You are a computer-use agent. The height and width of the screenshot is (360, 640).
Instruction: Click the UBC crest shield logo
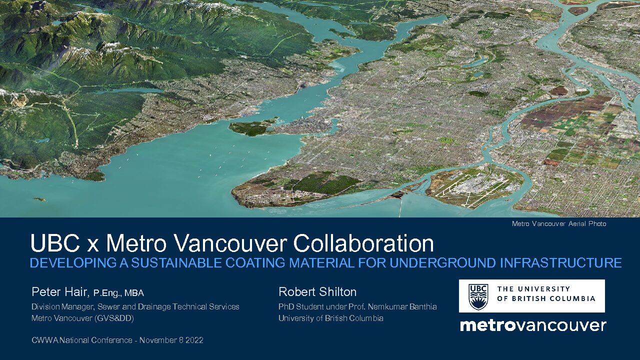[x=478, y=297]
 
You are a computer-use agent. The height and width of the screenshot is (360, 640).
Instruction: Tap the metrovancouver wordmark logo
[x=533, y=325]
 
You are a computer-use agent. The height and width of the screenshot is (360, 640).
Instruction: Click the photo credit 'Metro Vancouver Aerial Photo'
[x=559, y=223]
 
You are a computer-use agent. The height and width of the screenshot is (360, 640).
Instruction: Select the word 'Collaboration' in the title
[x=363, y=243]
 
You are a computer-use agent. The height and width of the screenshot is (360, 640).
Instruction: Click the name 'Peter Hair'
[x=59, y=292]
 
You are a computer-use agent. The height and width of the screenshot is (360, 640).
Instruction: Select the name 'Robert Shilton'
[x=317, y=292]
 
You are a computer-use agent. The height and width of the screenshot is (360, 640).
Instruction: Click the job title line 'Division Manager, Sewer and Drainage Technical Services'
[x=135, y=307]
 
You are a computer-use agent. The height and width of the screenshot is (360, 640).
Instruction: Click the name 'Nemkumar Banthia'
[x=402, y=307]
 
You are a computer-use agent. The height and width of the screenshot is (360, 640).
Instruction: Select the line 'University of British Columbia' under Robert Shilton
[x=331, y=318]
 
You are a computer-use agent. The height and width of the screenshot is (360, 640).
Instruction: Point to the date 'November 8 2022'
[x=171, y=340]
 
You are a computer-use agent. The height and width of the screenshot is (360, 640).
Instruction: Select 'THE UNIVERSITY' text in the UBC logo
[x=533, y=289]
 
